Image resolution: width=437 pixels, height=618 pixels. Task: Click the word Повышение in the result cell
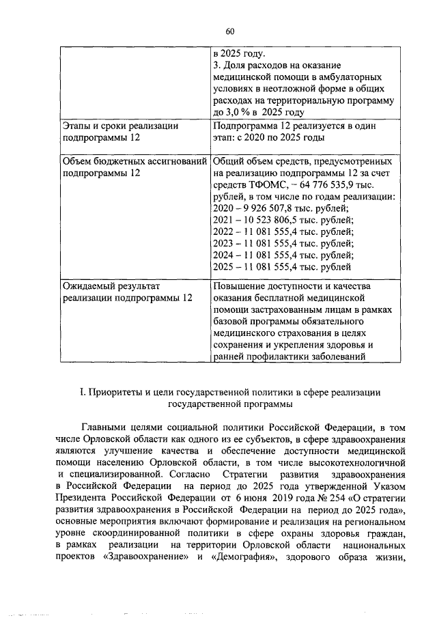click(242, 285)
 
